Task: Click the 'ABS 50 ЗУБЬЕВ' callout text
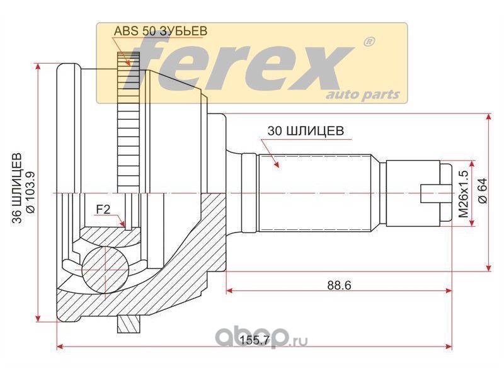coord(161,30)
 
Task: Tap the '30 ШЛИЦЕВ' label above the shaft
coord(306,131)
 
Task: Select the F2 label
coord(103,210)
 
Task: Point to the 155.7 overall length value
coord(255,340)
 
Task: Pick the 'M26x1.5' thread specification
coord(464,194)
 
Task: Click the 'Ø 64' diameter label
coord(483,191)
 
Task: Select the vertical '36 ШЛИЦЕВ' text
coord(17,188)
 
